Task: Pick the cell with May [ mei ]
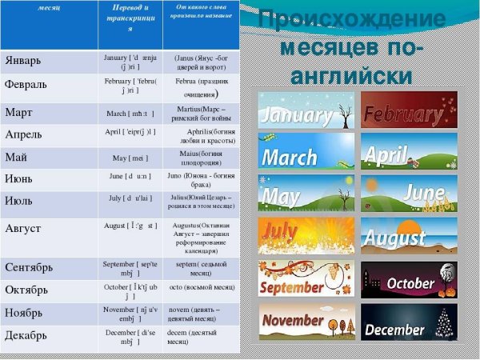[130, 157]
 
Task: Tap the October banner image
[409, 279]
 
